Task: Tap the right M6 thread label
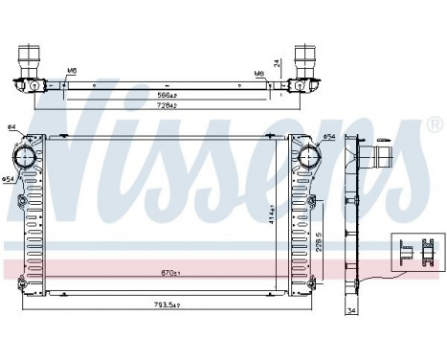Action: tap(257, 73)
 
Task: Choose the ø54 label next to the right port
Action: tap(329, 138)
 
